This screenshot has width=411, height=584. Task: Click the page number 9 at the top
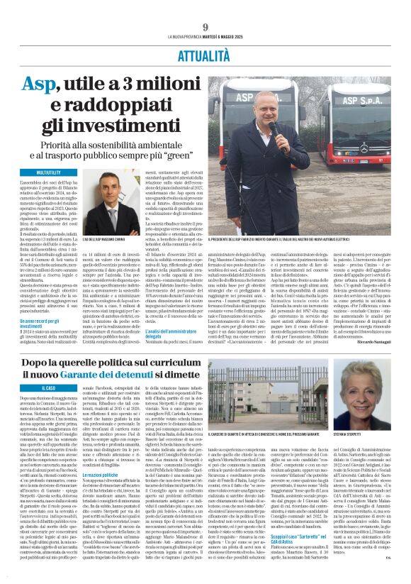click(205, 27)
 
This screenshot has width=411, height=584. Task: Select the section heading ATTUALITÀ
click(205, 54)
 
